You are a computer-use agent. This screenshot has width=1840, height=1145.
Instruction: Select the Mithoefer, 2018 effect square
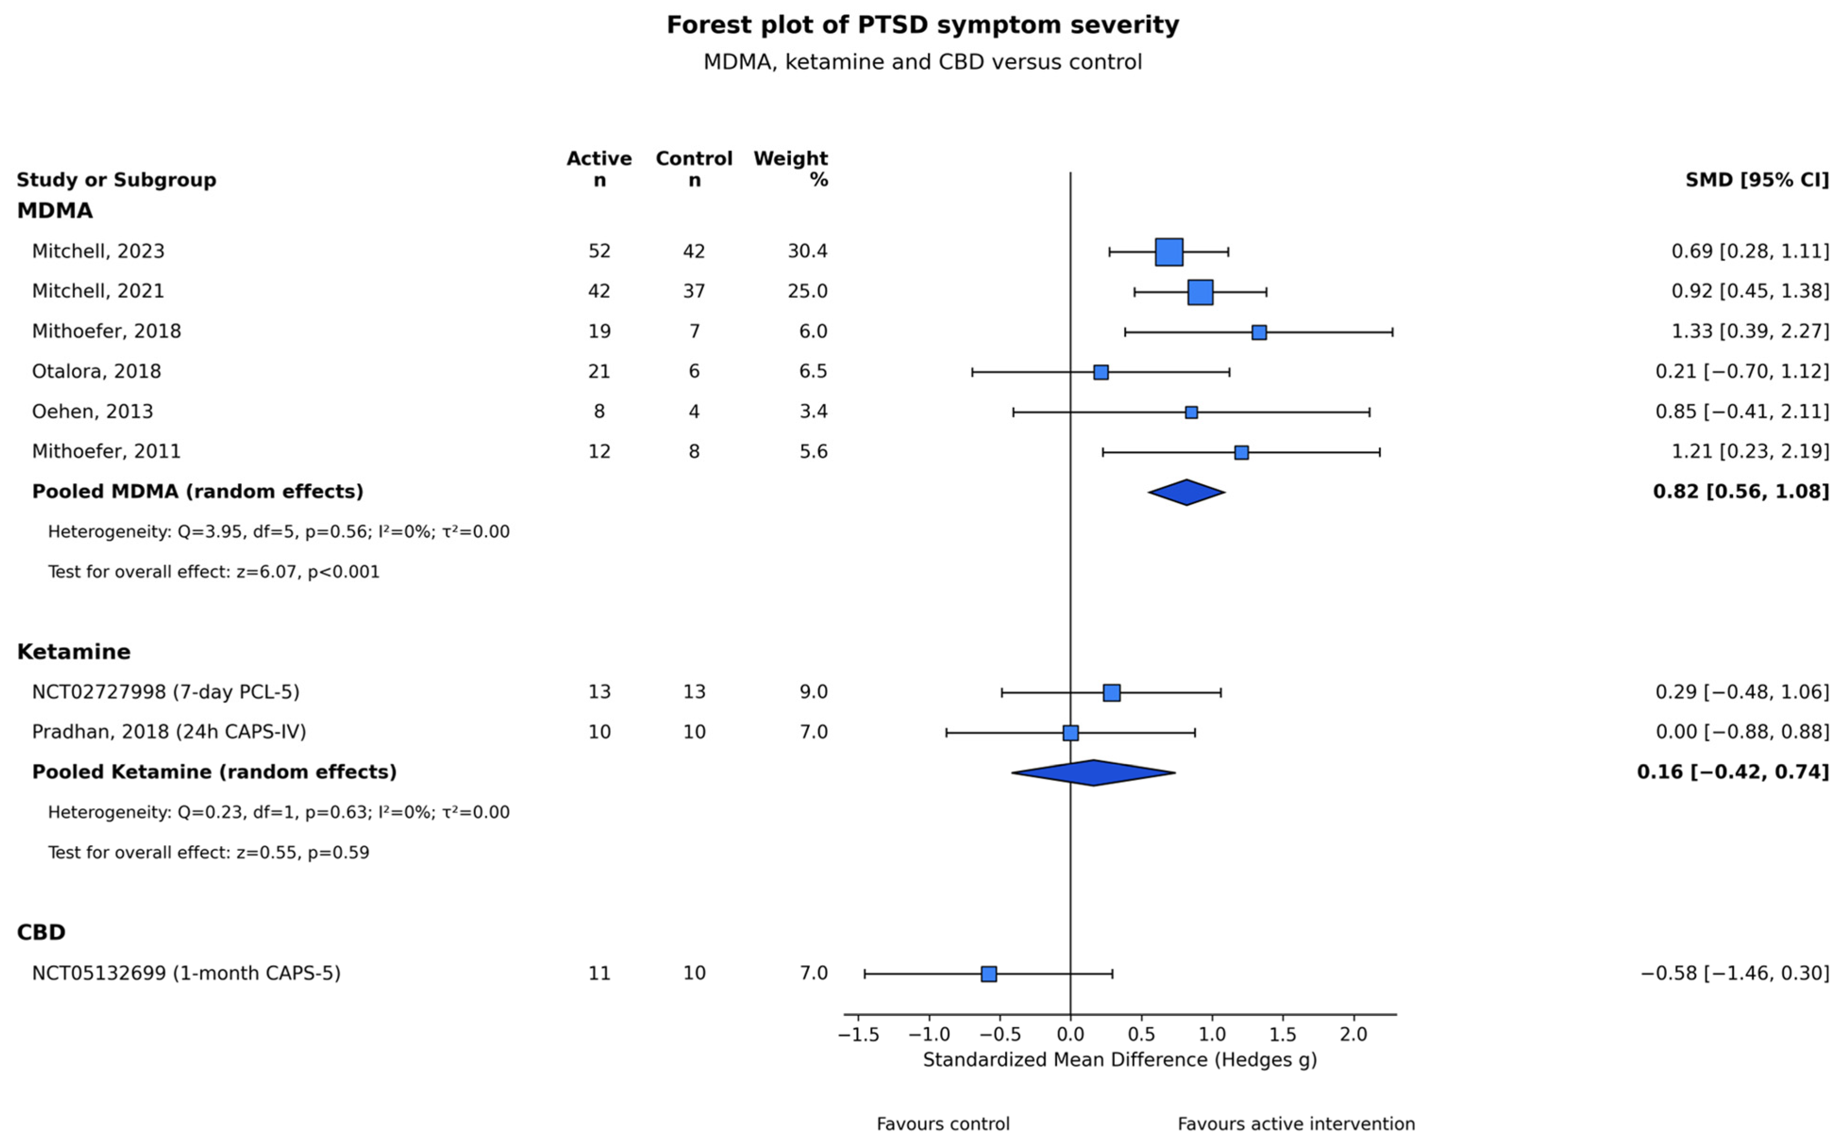pyautogui.click(x=1258, y=332)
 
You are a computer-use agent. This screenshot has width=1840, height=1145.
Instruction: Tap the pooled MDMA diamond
pyautogui.click(x=1186, y=492)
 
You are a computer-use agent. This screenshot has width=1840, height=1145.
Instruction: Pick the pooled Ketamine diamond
pyautogui.click(x=1093, y=773)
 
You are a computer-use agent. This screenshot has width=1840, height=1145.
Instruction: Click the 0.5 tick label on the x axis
pyautogui.click(x=1141, y=1034)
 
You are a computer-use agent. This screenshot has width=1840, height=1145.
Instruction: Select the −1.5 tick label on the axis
pyautogui.click(x=858, y=1034)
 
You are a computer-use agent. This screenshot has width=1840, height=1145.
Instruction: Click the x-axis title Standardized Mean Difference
pyautogui.click(x=1120, y=1059)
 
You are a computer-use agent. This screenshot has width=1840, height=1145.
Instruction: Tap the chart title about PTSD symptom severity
pyautogui.click(x=923, y=25)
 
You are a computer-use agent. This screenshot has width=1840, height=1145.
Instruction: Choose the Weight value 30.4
pyautogui.click(x=808, y=251)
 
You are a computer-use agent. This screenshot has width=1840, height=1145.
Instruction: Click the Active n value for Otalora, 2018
pyautogui.click(x=599, y=371)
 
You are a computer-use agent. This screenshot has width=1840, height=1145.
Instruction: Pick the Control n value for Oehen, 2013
pyautogui.click(x=694, y=411)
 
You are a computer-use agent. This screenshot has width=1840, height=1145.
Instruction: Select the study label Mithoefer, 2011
pyautogui.click(x=106, y=451)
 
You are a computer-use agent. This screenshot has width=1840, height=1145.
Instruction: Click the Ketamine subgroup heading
pyautogui.click(x=74, y=651)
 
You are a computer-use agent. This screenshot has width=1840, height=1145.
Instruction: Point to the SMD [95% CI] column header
pyautogui.click(x=1757, y=180)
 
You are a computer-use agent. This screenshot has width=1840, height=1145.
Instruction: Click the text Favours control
pyautogui.click(x=943, y=1124)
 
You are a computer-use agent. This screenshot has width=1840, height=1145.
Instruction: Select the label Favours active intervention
pyautogui.click(x=1296, y=1124)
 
